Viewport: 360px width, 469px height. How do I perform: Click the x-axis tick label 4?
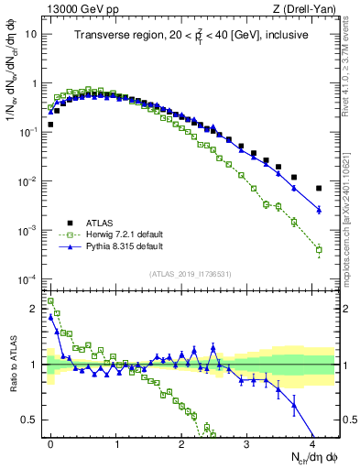312,442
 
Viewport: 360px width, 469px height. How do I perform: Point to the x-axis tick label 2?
182,442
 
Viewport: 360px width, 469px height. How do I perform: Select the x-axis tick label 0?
51,442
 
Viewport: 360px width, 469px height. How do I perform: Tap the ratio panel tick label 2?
35,309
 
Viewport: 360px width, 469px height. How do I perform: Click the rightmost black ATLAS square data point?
319,189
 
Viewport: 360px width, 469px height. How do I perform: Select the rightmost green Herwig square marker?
319,249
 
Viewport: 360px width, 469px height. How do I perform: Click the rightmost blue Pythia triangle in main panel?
319,210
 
